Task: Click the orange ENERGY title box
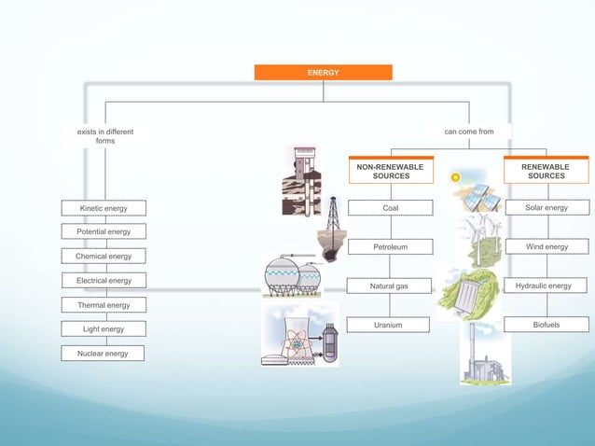pyautogui.click(x=323, y=72)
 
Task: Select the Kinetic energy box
pyautogui.click(x=104, y=208)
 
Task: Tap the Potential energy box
pyautogui.click(x=104, y=231)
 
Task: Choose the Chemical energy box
pyautogui.click(x=104, y=256)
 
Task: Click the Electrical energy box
pyautogui.click(x=104, y=280)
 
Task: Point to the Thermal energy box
pyautogui.click(x=104, y=305)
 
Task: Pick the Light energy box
pyautogui.click(x=104, y=329)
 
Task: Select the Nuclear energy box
pyautogui.click(x=104, y=354)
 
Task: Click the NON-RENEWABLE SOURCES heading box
pyautogui.click(x=391, y=171)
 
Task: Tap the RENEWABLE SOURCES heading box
pyautogui.click(x=546, y=171)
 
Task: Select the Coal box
pyautogui.click(x=391, y=208)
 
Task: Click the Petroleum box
pyautogui.click(x=391, y=247)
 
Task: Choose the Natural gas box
pyautogui.click(x=391, y=286)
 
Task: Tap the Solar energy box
pyautogui.click(x=547, y=208)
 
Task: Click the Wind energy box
pyautogui.click(x=547, y=247)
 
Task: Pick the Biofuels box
pyautogui.click(x=547, y=325)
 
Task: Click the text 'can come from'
pyautogui.click(x=469, y=132)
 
